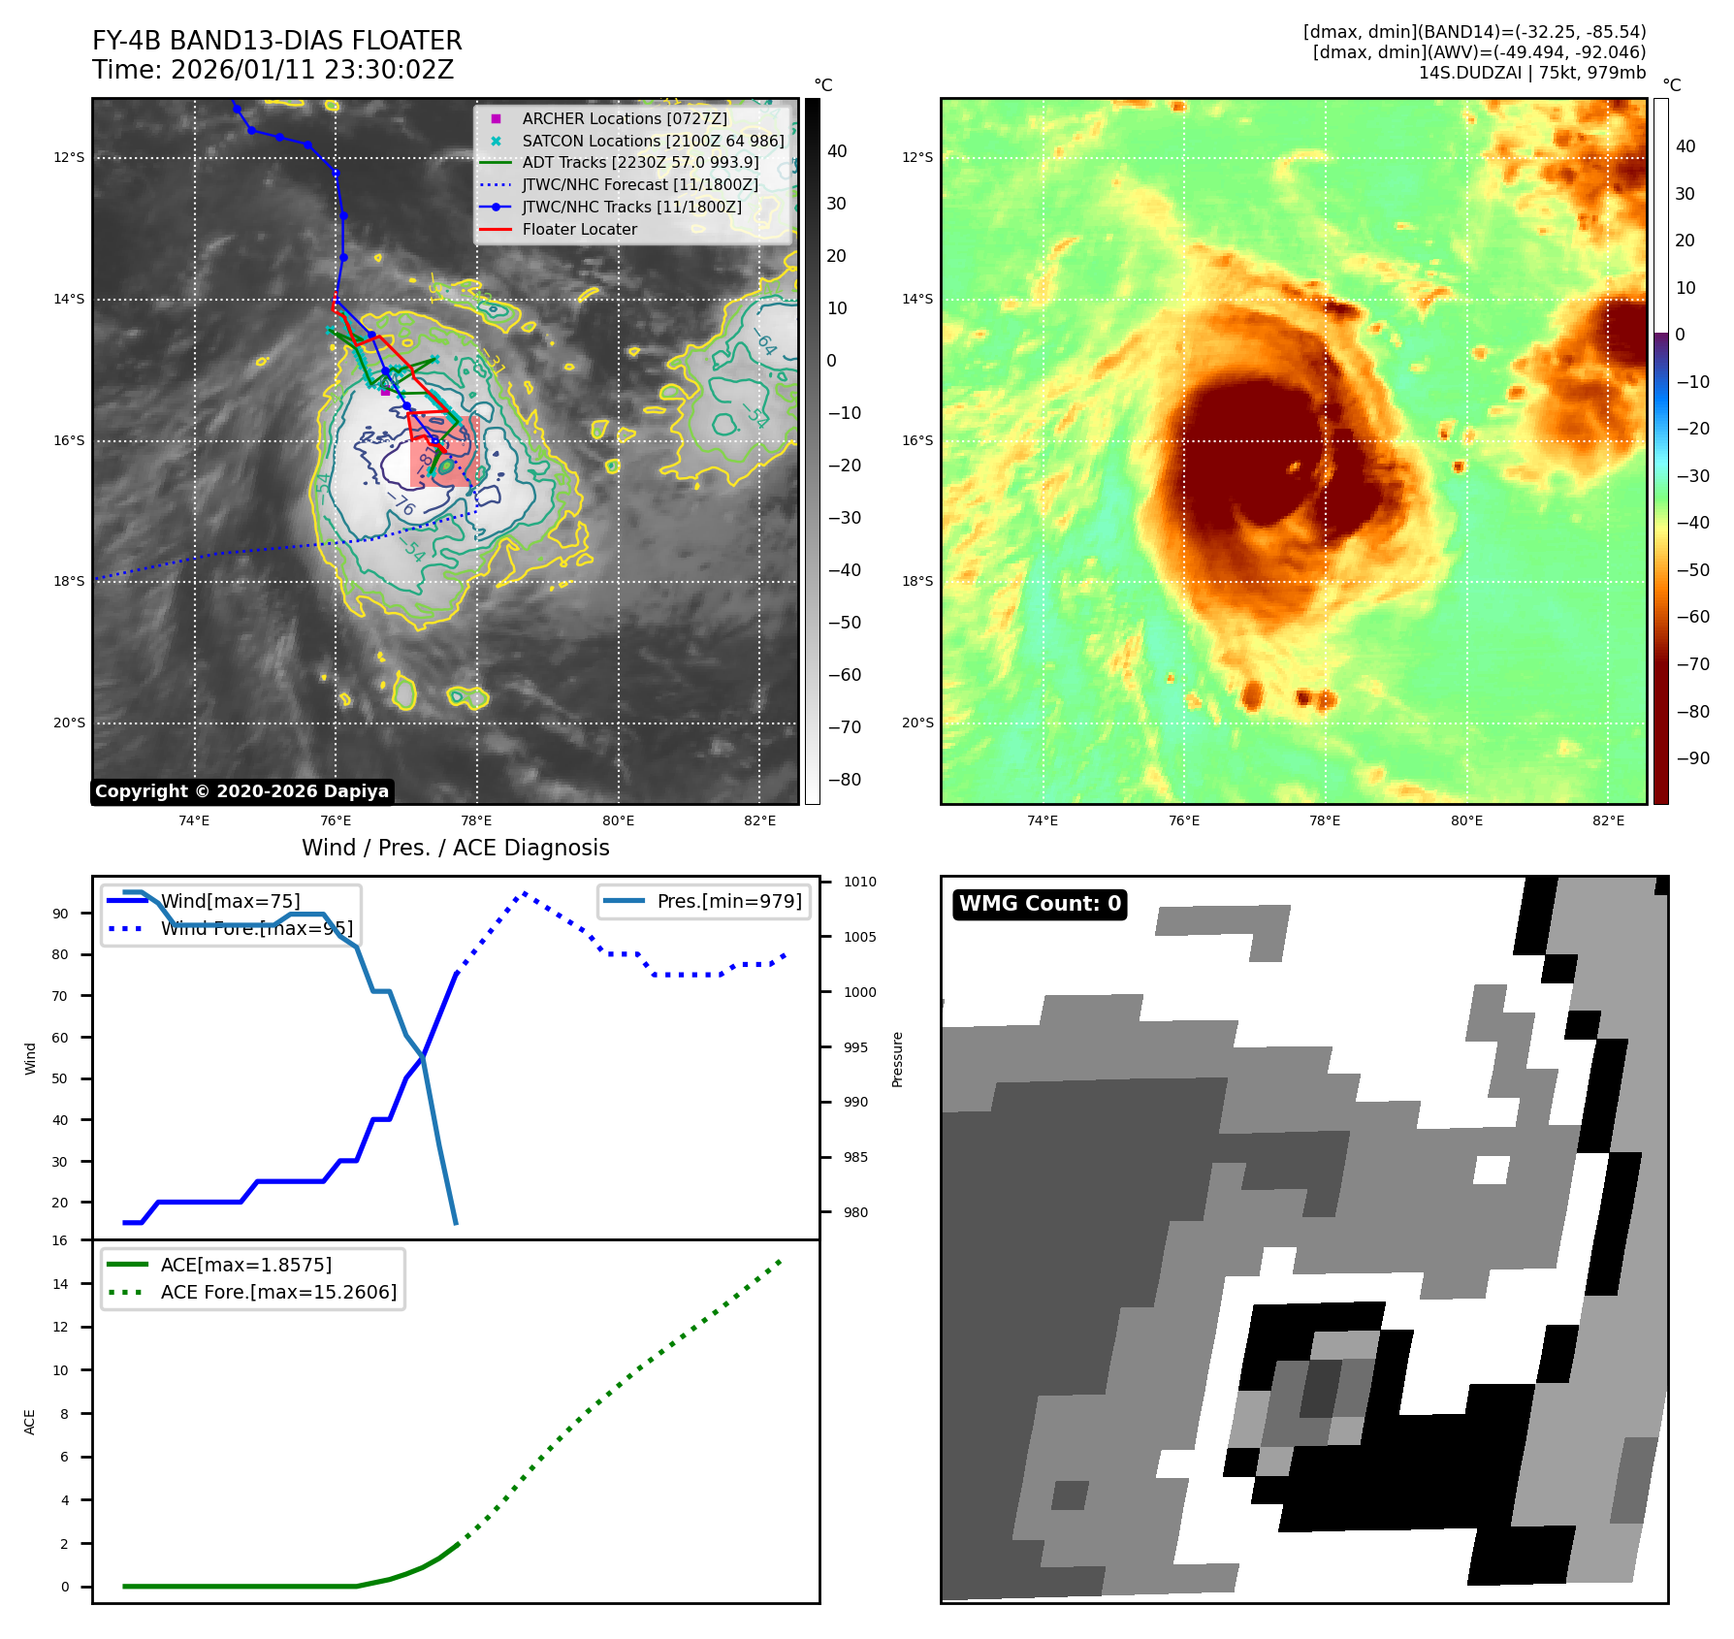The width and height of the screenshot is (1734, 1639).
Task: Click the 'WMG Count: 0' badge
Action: (x=1040, y=904)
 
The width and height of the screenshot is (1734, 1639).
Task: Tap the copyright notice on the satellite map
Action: (x=241, y=791)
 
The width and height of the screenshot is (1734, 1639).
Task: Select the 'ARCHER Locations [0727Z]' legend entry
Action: (x=624, y=118)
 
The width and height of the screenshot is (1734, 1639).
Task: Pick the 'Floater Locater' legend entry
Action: (x=579, y=230)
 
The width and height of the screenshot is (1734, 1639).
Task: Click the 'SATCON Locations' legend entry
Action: (x=653, y=141)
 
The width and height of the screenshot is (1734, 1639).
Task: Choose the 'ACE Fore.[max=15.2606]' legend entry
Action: (x=278, y=1293)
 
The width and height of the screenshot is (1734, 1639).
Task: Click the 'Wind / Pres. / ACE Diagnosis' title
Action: (x=456, y=848)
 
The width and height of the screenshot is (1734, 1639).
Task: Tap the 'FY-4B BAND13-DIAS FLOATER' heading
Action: (x=276, y=41)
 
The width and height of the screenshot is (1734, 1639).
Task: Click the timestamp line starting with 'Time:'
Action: (x=273, y=70)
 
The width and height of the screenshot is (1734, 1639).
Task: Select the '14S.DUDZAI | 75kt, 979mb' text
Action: (x=1532, y=73)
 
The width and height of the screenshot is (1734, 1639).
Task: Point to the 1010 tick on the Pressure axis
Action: (x=859, y=883)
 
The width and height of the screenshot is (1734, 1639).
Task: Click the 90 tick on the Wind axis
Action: (x=60, y=914)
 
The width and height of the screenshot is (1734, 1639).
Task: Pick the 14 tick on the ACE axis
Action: (x=60, y=1284)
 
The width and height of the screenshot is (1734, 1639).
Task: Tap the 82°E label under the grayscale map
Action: (x=759, y=821)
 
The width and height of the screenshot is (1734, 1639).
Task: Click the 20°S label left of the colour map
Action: (x=917, y=723)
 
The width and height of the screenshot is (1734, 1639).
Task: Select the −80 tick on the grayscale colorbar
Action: (x=844, y=780)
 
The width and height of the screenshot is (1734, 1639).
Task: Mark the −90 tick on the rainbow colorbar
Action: (x=1692, y=758)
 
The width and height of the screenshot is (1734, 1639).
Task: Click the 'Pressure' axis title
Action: (x=897, y=1059)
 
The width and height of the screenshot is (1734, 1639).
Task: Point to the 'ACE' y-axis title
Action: (x=29, y=1422)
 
